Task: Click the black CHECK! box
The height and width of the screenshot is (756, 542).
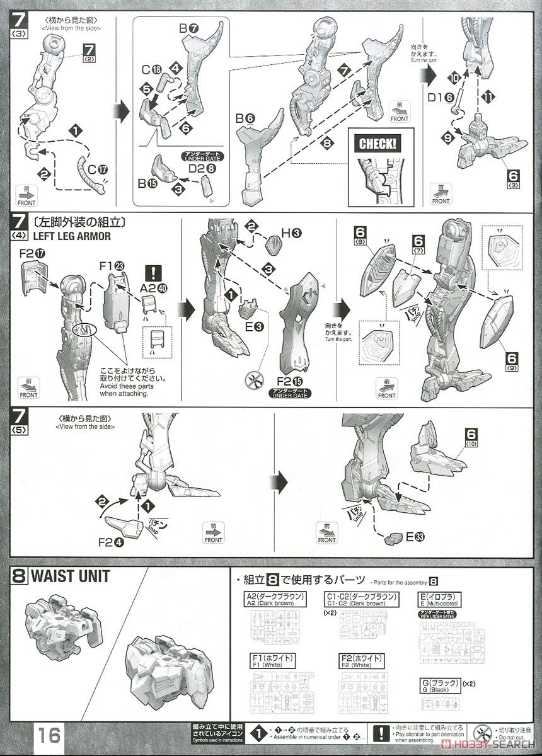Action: pos(378,142)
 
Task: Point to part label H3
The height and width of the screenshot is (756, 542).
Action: pos(290,233)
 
